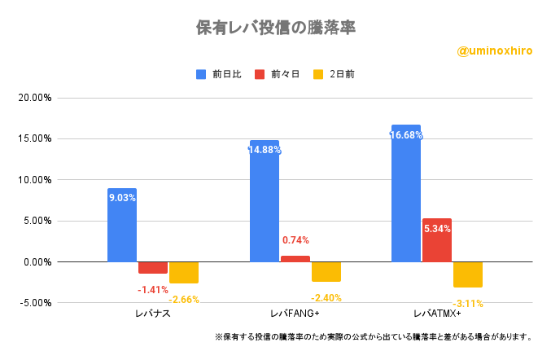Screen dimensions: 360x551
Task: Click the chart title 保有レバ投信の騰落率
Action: coord(275,27)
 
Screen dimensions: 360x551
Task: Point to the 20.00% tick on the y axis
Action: coord(35,98)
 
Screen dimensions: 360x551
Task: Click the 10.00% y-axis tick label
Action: coord(35,180)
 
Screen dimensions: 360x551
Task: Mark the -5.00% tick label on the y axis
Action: coord(35,303)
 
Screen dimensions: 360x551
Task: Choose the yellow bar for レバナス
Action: coord(184,272)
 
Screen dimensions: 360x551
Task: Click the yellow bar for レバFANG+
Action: coord(326,271)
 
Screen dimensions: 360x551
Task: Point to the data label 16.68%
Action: coord(406,135)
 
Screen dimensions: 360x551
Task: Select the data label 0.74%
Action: coord(295,240)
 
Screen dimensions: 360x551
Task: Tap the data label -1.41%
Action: coord(152,289)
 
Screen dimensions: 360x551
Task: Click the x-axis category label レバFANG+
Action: coord(295,314)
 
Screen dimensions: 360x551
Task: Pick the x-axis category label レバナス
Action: coord(153,314)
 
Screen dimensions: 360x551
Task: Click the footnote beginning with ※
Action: coord(374,336)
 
